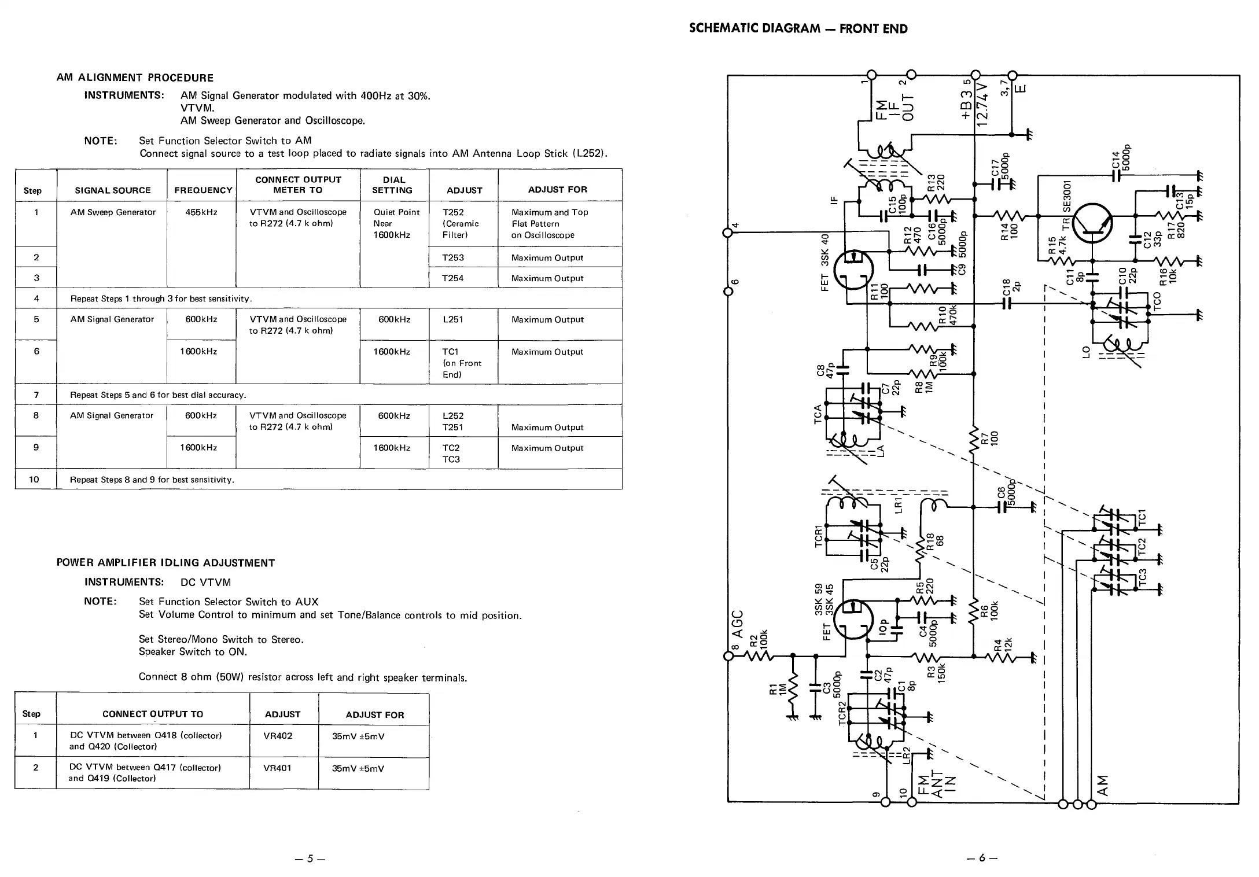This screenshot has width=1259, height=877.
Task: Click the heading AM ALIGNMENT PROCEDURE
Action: [135, 78]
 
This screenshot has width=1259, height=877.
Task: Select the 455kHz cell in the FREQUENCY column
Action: [201, 212]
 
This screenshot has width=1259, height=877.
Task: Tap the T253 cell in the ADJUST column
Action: [453, 257]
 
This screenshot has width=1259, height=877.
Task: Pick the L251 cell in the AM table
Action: [453, 319]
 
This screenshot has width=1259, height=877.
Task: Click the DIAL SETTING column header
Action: [394, 185]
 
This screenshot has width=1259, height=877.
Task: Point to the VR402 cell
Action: [278, 736]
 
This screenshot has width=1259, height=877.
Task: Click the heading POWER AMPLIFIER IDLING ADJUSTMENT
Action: [165, 563]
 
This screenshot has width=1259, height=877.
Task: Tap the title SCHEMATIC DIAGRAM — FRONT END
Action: [798, 29]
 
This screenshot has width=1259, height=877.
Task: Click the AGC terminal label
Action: [738, 624]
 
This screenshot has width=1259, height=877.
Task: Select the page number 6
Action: [982, 857]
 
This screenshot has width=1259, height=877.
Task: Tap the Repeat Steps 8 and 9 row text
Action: [152, 480]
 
